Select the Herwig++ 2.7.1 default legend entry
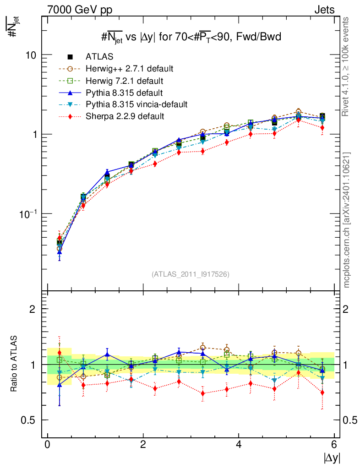tap(129, 69)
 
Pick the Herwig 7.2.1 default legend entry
tap(124, 81)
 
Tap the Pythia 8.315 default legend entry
tap(124, 93)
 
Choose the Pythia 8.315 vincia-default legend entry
tap(136, 104)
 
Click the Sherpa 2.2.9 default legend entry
tap(125, 116)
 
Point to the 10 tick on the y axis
tap(31, 55)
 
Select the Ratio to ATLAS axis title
tap(14, 364)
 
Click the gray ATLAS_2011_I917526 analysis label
tap(191, 274)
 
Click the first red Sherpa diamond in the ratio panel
tap(59, 353)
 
